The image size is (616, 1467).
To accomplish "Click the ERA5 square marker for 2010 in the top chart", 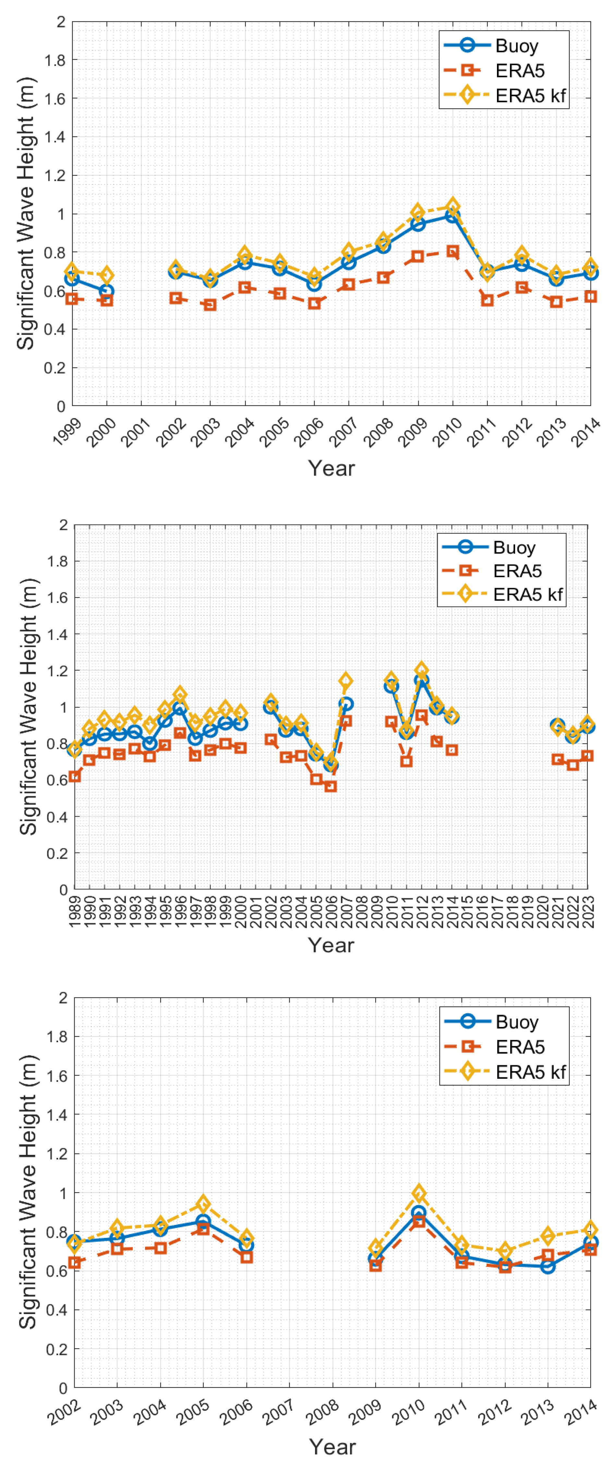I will click(453, 251).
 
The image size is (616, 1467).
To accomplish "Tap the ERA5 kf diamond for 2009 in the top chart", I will click(418, 212).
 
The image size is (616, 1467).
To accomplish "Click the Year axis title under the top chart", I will click(331, 469).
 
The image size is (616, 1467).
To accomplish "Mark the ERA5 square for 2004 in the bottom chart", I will click(160, 1248).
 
